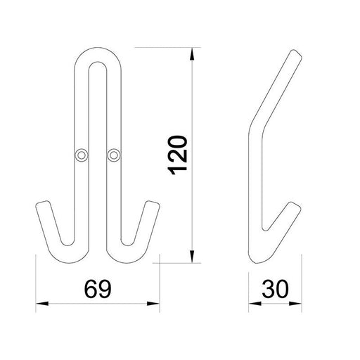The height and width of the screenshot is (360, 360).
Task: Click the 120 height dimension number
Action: coord(178,155)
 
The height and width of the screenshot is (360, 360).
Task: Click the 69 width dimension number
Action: coord(98,289)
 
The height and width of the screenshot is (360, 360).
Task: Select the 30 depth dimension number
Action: coord(275,289)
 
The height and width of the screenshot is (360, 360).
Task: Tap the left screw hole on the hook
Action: coord(81,155)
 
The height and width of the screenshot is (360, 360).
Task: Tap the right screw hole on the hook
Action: coord(114,155)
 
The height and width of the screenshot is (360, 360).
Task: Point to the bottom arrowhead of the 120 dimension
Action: coord(192,257)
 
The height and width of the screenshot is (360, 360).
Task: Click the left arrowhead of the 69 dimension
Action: coord(42,304)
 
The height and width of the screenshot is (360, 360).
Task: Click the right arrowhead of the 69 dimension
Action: coord(153,304)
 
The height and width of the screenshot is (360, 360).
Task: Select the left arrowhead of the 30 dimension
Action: coord(255,304)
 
